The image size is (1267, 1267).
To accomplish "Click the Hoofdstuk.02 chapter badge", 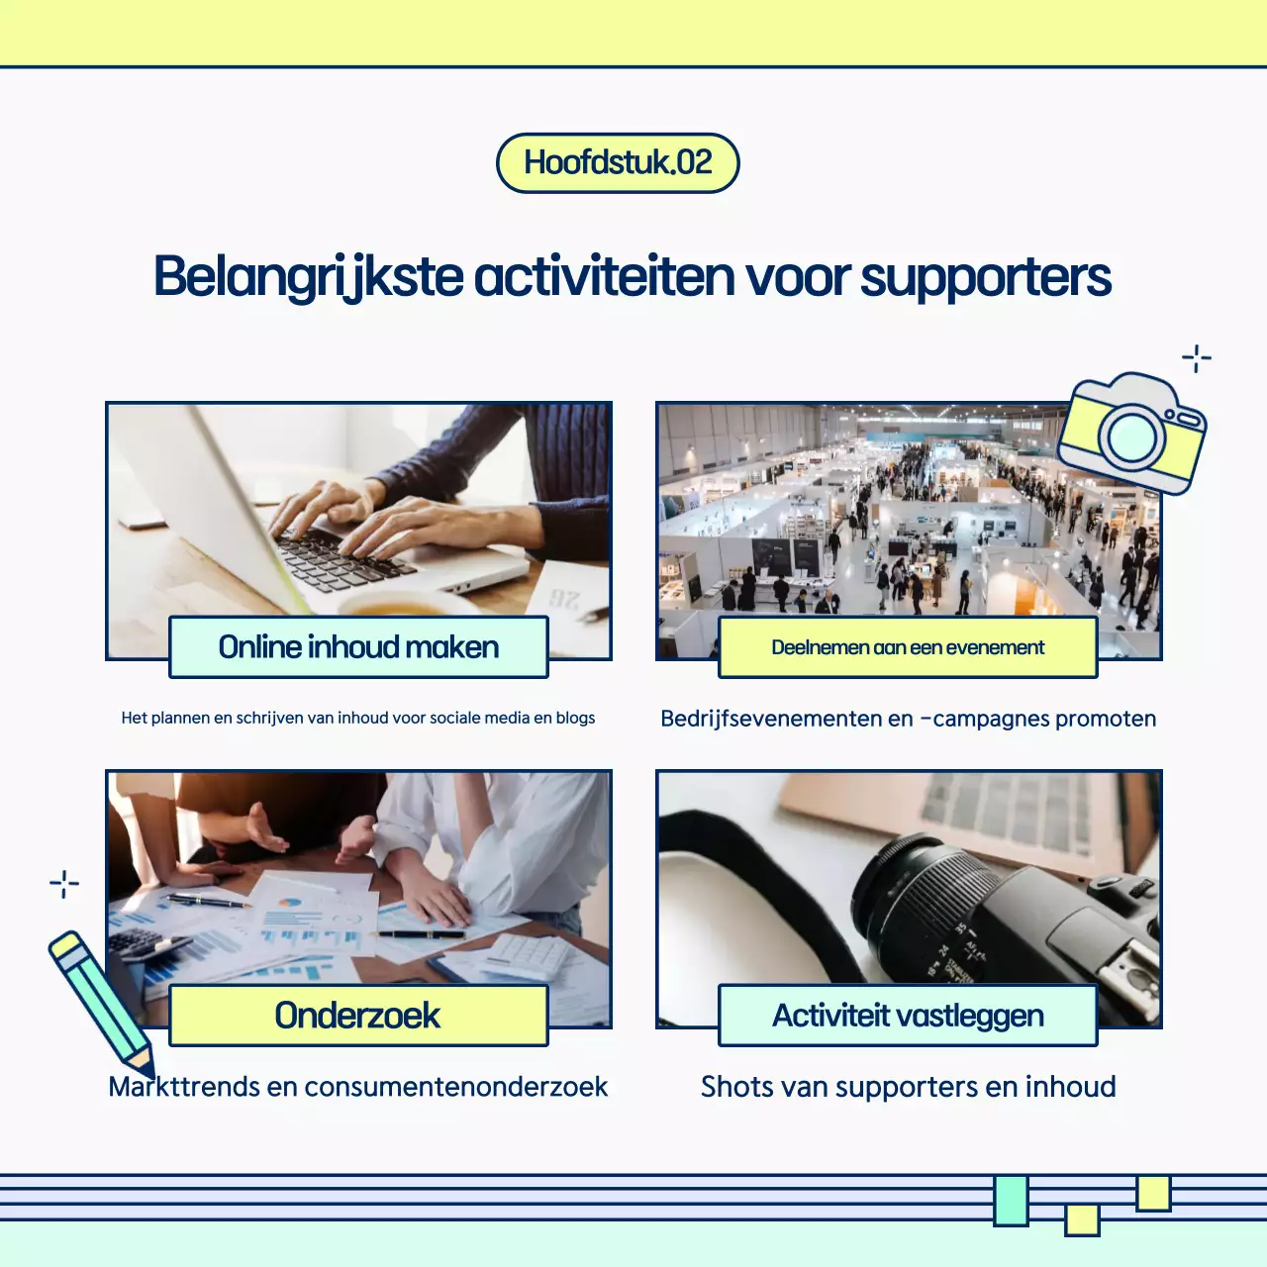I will pos(618,163).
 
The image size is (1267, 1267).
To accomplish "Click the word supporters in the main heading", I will pos(985,277).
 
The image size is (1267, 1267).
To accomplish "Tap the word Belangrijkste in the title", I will pos(308,277).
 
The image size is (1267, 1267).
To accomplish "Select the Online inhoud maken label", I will pos(358,647).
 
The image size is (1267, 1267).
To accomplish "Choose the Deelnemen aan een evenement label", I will pos(908,647).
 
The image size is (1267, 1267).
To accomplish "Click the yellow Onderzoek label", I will pos(358,1016).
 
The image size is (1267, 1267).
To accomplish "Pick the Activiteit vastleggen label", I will pos(908,1016).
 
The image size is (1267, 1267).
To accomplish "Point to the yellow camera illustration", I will pos(1132,433).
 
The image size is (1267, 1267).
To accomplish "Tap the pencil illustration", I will pos(99,1000).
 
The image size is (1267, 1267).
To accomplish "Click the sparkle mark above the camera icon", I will pos(1197,358).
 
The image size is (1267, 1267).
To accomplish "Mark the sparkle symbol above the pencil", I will pos(64,884).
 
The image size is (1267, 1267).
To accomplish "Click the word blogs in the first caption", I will pos(575,718).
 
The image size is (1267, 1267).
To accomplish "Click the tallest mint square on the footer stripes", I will pos(1011,1200).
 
